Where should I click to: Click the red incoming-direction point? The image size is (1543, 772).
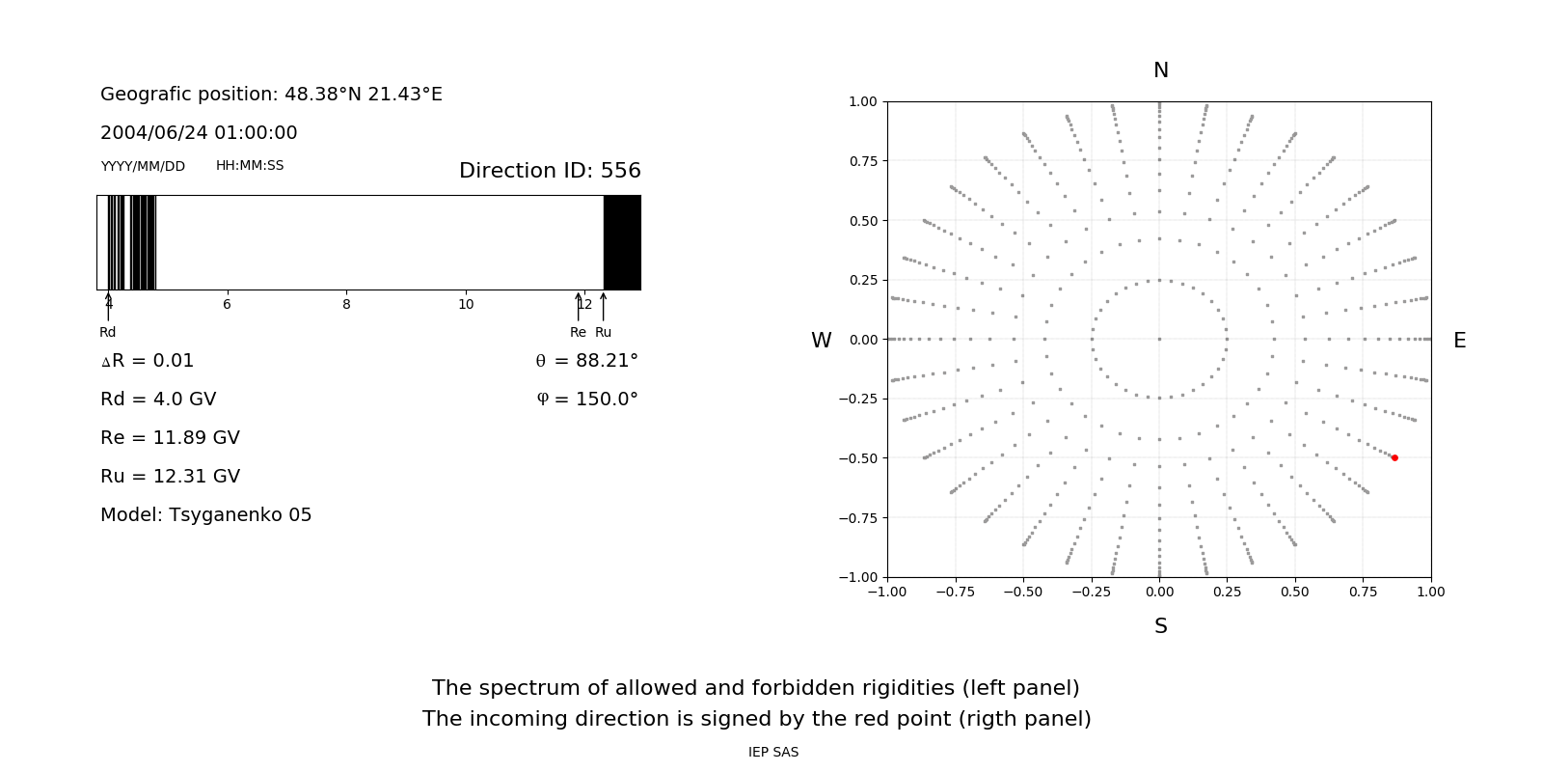point(1394,457)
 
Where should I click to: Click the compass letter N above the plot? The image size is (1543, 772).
point(1161,70)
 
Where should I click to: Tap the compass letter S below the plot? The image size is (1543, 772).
point(1161,626)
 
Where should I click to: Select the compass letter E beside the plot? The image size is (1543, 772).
point(1459,341)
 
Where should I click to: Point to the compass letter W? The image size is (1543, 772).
point(822,341)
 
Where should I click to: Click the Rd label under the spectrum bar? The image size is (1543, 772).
point(107,332)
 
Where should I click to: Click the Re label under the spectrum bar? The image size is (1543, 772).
point(578,332)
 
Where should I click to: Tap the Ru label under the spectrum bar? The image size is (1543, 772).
point(604,332)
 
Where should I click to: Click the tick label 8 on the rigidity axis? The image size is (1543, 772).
point(346,304)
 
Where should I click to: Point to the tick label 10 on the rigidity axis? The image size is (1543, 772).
point(466,304)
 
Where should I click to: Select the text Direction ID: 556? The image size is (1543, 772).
point(550,171)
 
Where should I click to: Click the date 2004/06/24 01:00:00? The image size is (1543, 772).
point(199,133)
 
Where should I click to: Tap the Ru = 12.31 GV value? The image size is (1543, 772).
point(170,477)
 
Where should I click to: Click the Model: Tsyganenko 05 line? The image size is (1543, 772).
point(206,515)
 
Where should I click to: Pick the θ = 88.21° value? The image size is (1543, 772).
point(586,361)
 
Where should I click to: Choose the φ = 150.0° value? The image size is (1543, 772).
point(586,400)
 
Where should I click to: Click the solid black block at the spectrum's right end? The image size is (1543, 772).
point(622,242)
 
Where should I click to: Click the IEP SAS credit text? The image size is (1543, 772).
point(773,752)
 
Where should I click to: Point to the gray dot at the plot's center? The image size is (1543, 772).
point(1159,339)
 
